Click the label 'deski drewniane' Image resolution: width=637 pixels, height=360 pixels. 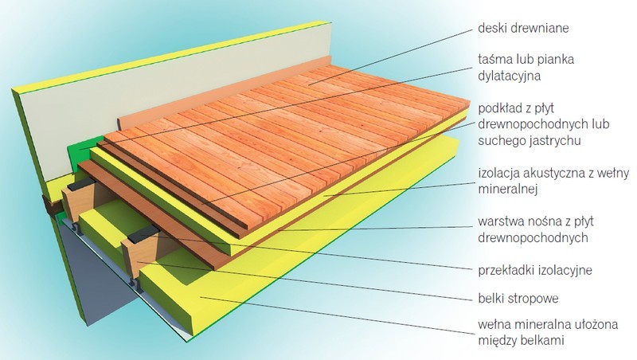pos(523,28)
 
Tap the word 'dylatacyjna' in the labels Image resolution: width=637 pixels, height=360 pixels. pos(509,76)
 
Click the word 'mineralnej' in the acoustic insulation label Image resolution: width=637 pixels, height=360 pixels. pos(508,189)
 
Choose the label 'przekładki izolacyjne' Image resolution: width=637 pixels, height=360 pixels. pos(535,270)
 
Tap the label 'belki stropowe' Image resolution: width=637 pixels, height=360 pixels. pos(518,299)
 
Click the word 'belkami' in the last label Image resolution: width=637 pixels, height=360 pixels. pos(541,340)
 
